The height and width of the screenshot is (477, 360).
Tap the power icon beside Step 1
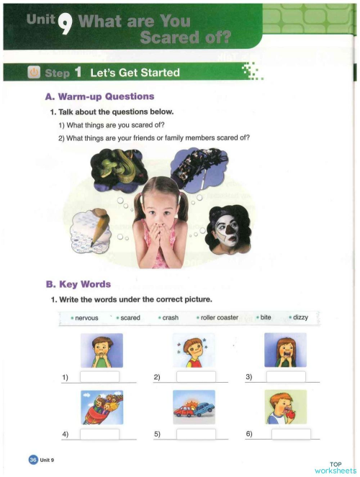[x=33, y=73]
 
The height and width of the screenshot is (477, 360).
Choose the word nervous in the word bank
[x=86, y=318]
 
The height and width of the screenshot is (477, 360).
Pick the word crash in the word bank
[x=171, y=318]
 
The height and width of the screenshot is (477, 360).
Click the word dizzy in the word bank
[x=301, y=318]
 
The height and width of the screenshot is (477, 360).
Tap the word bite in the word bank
[x=268, y=318]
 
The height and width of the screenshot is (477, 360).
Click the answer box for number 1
[x=99, y=377]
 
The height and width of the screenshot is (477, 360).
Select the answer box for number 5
[x=194, y=434]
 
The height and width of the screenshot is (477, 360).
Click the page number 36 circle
[x=32, y=459]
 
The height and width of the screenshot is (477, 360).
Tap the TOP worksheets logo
[x=335, y=468]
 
